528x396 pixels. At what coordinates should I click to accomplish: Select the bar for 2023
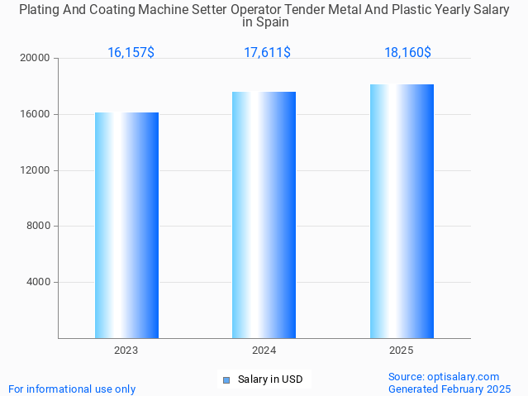pos(126,225)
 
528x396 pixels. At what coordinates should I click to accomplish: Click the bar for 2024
pos(264,215)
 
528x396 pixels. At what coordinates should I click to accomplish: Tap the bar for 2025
pos(402,211)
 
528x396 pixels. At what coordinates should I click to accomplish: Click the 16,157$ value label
pos(131,53)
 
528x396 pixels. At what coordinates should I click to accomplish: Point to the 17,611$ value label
pos(267,53)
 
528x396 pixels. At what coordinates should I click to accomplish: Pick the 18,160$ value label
pos(407,53)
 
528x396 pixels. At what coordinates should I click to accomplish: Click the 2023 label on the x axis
pos(126,351)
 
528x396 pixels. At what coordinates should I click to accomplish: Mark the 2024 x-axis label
pos(264,351)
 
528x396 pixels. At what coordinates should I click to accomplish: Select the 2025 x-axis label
pos(402,351)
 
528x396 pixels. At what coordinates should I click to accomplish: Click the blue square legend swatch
pos(226,380)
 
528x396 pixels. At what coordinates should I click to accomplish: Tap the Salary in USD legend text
pos(270,380)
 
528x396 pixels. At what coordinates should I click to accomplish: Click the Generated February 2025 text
pos(450,389)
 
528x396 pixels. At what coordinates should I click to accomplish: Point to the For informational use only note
pos(72,389)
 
